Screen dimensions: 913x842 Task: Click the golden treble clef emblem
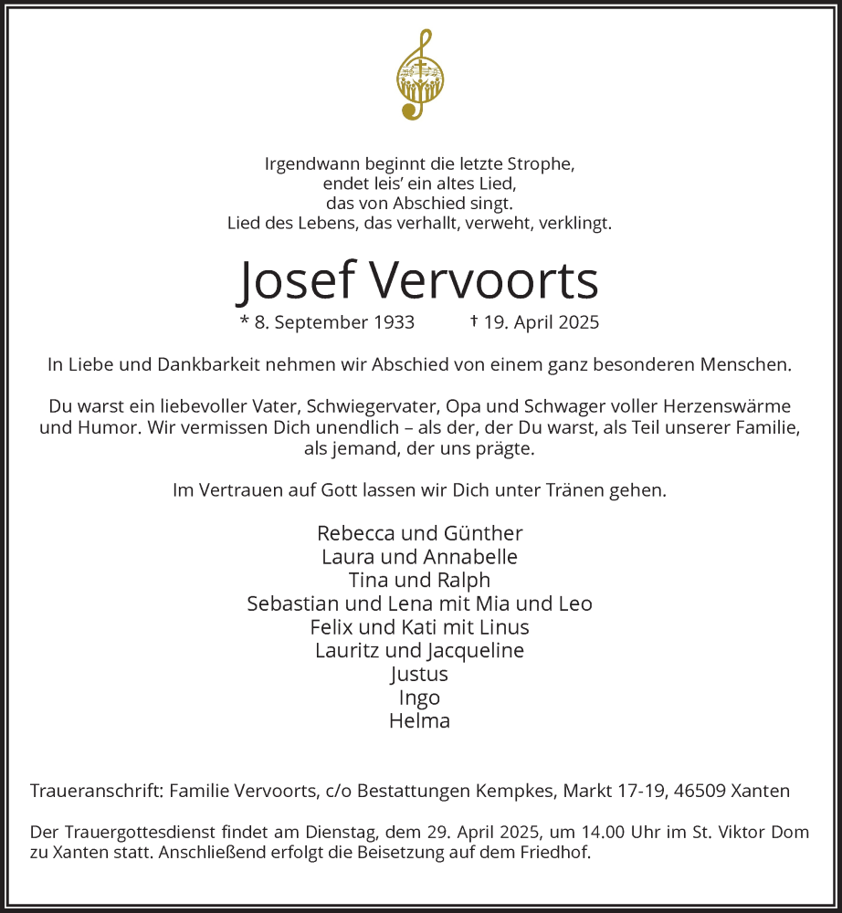[420, 76]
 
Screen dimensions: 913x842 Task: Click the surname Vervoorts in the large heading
[485, 280]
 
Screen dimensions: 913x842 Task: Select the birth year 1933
[395, 322]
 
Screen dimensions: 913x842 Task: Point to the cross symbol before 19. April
[474, 321]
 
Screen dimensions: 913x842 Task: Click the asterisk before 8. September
[244, 321]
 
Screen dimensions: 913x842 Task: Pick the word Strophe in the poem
[544, 165]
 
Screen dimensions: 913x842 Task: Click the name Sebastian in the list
[290, 604]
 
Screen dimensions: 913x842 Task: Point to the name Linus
[506, 628]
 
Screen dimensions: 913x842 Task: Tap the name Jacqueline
[475, 651]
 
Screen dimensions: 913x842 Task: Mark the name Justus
[419, 675]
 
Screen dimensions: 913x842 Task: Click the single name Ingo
[419, 698]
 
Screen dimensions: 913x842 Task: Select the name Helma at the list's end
[419, 721]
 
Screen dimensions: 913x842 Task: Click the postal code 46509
[697, 792]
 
